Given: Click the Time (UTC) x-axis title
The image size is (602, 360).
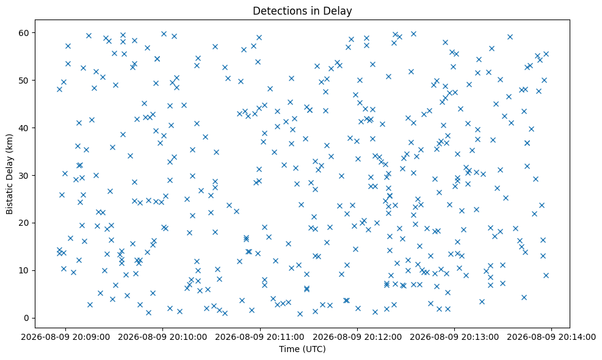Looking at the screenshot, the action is [x=302, y=349].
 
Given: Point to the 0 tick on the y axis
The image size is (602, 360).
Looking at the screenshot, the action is [x=27, y=318].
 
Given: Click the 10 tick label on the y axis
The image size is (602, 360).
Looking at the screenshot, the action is [x=24, y=270].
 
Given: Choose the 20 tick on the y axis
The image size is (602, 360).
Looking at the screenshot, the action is [x=24, y=223].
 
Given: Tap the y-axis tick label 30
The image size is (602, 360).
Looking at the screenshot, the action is [x=24, y=175].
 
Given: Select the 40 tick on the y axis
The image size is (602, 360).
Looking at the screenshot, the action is [x=24, y=128].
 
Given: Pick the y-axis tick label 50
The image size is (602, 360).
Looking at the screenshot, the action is [x=24, y=80].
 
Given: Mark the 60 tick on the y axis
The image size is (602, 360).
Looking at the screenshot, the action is [x=24, y=32].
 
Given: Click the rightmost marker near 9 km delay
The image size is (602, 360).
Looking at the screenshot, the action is [x=546, y=275].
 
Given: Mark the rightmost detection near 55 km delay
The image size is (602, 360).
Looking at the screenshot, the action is [x=546, y=54].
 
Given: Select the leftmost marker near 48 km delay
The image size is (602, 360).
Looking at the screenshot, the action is [x=59, y=90].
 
